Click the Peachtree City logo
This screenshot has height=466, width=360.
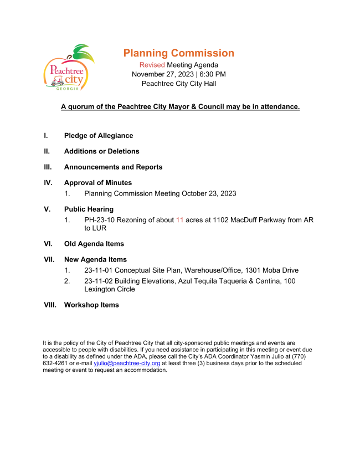pyautogui.click(x=68, y=69)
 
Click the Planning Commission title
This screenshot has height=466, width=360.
pyautogui.click(x=178, y=53)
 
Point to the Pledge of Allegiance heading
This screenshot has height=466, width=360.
pyautogui.click(x=99, y=136)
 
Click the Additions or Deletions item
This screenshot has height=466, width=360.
pyautogui.click(x=101, y=151)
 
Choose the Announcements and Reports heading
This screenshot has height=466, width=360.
pyautogui.click(x=113, y=167)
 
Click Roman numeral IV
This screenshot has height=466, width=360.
pyautogui.click(x=48, y=183)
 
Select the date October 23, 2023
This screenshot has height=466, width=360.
pyautogui.click(x=209, y=193)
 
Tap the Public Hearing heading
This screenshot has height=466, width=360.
pyautogui.click(x=89, y=209)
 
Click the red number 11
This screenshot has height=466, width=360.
pyautogui.click(x=179, y=220)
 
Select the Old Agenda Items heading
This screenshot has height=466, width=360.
pyautogui.click(x=94, y=244)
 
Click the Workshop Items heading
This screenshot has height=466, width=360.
pyautogui.click(x=91, y=305)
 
